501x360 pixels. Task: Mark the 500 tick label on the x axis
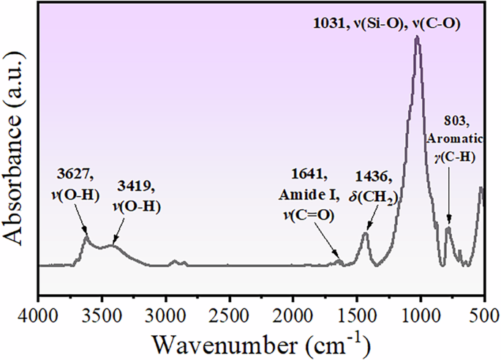pos(483,314)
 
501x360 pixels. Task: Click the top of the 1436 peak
pos(366,233)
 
